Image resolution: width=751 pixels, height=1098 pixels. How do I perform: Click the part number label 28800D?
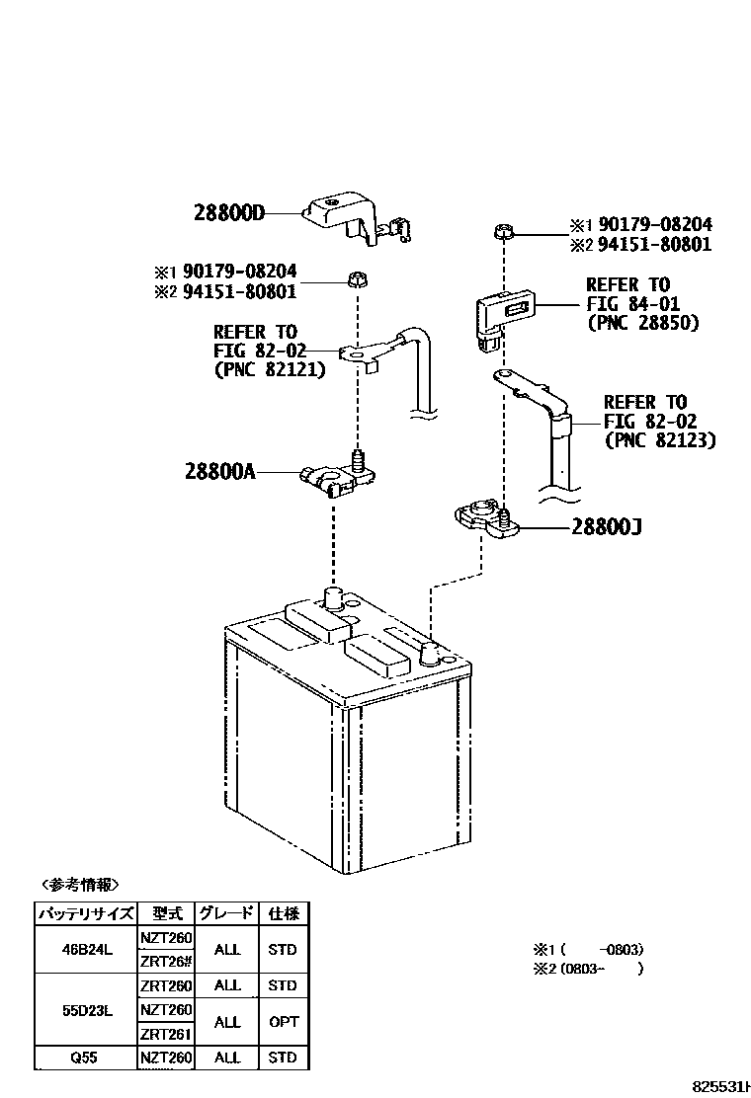click(x=229, y=211)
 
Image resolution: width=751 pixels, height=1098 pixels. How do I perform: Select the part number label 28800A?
click(x=219, y=472)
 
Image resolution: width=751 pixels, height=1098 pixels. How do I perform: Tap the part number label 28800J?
click(x=606, y=527)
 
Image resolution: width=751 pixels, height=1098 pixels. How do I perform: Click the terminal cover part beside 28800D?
click(x=347, y=219)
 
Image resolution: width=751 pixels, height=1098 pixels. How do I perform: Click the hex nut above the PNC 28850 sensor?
click(x=502, y=233)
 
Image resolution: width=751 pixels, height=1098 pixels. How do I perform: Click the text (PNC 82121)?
click(x=269, y=370)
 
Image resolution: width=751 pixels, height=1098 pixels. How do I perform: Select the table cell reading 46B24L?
click(x=85, y=949)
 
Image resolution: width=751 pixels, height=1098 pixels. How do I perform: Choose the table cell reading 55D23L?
click(x=85, y=1009)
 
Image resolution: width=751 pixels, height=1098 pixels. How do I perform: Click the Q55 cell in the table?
click(x=85, y=1058)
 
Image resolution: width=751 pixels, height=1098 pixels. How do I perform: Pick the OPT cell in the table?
click(x=282, y=1021)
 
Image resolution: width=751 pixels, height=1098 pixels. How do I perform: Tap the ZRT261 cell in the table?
click(x=165, y=1034)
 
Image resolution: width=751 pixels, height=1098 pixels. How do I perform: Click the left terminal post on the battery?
click(x=333, y=598)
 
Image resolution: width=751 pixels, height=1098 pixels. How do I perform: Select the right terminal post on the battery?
click(x=432, y=650)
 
